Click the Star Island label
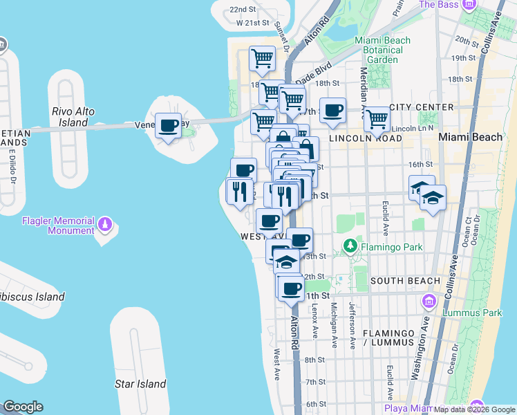pyautogui.click(x=140, y=384)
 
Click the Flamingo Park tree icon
pyautogui.click(x=350, y=246)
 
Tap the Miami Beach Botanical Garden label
pyautogui.click(x=382, y=50)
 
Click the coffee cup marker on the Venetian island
pyautogui.click(x=168, y=127)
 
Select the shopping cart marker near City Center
pyautogui.click(x=377, y=119)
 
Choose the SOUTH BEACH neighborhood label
pyautogui.click(x=405, y=281)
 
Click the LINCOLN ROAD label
pyautogui.click(x=365, y=138)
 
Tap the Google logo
pyautogui.click(x=23, y=407)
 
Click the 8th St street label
pyautogui.click(x=314, y=360)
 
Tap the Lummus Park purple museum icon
pyautogui.click(x=429, y=301)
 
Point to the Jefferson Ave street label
pyautogui.click(x=352, y=325)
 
